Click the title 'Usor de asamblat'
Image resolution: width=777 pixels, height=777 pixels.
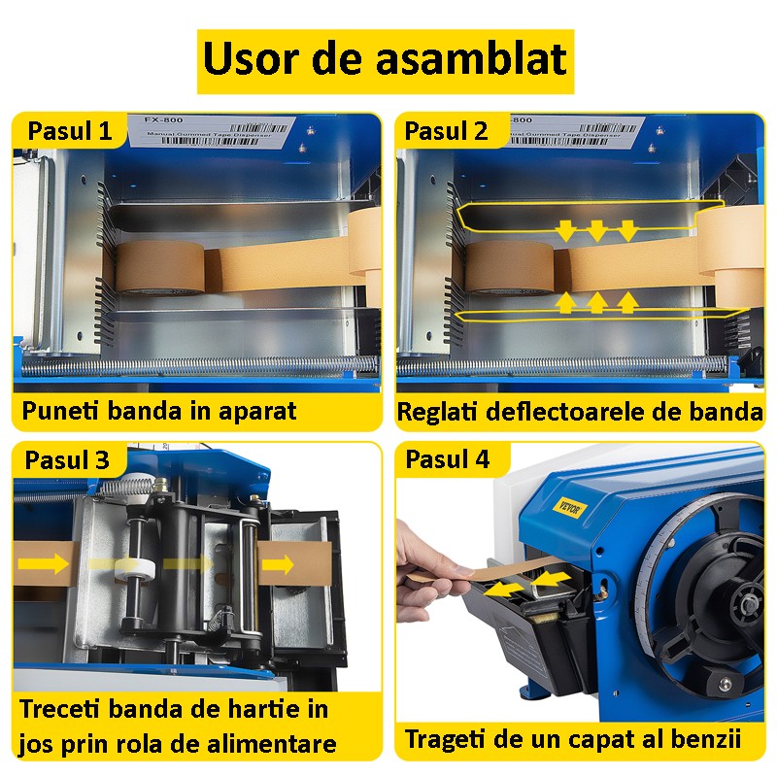(x=385, y=61)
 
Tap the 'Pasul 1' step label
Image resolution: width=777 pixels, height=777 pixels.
(x=69, y=131)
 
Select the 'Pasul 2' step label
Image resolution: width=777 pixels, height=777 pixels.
(x=447, y=131)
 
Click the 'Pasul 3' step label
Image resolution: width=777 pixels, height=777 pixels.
(x=69, y=459)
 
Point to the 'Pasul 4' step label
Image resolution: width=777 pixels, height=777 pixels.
(x=447, y=459)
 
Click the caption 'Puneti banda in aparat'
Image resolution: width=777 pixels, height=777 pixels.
(x=158, y=411)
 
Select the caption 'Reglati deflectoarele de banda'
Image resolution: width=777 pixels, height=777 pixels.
(x=580, y=412)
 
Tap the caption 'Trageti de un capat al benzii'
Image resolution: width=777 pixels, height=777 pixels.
(x=573, y=738)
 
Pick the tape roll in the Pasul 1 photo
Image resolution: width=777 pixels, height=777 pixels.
(x=159, y=267)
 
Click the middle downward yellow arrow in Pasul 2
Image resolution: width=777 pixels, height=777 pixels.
(x=596, y=229)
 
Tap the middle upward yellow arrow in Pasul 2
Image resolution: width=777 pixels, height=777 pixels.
(x=596, y=303)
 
